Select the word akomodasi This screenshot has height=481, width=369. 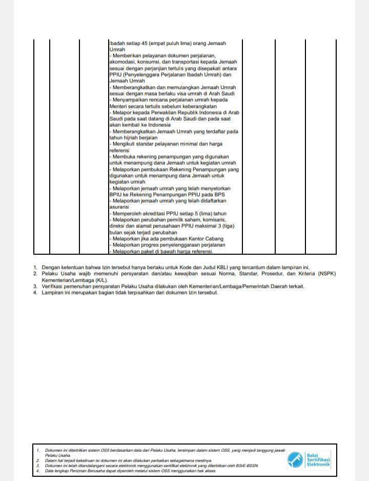(x=121, y=62)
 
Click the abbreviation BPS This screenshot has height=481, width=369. (x=219, y=194)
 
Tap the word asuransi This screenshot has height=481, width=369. (x=119, y=207)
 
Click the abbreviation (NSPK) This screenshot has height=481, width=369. (x=325, y=274)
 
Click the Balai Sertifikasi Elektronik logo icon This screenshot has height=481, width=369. (x=295, y=459)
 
